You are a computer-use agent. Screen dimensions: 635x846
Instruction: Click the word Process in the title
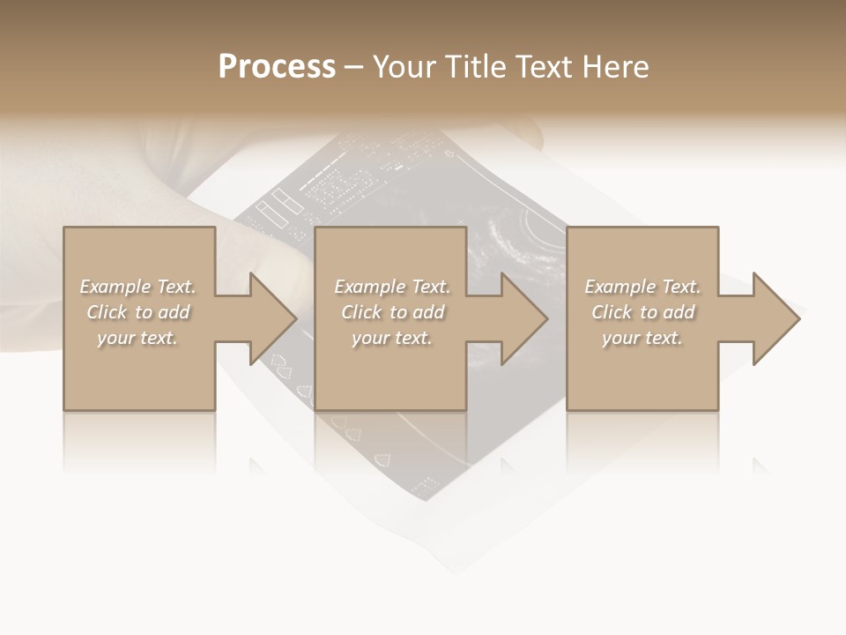point(277,67)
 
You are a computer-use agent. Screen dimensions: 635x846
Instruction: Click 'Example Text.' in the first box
point(137,287)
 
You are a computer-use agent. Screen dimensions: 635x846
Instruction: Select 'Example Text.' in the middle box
point(392,287)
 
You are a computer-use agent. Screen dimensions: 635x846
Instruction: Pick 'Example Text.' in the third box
point(642,287)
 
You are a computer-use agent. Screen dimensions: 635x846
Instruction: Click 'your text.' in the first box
point(137,338)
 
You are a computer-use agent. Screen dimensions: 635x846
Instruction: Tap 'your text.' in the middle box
point(392,338)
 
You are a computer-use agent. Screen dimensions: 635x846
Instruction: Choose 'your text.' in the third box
point(642,338)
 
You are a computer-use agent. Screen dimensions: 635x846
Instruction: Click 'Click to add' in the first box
point(138,312)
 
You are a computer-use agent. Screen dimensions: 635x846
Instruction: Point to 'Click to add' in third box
point(643,312)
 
